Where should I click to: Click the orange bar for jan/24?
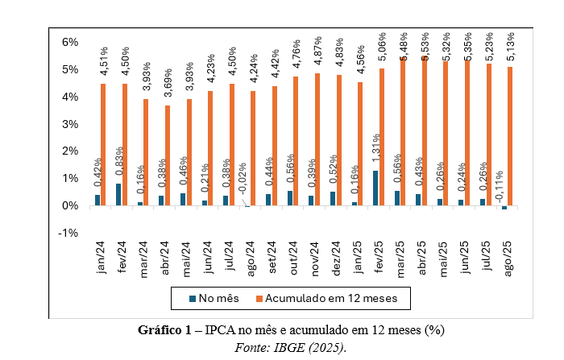(x=103, y=145)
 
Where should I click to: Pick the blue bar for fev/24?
(x=119, y=194)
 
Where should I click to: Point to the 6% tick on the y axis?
(x=67, y=42)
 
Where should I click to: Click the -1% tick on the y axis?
(x=67, y=233)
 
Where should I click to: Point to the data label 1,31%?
(x=375, y=149)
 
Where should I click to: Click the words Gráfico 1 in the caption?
(x=165, y=330)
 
